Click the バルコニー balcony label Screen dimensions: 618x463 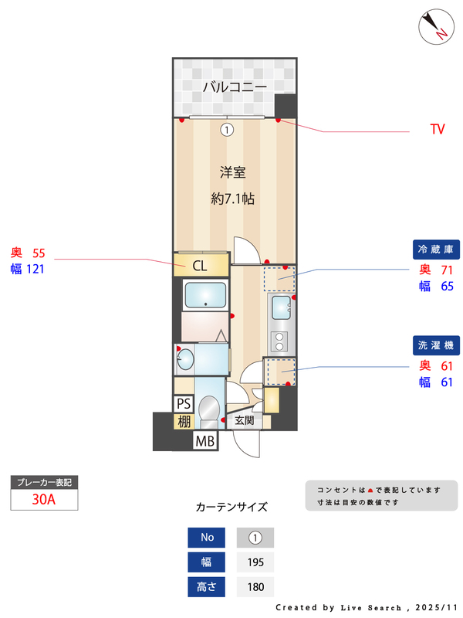(x=235, y=87)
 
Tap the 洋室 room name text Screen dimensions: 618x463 (x=232, y=171)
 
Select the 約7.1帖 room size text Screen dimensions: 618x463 (x=232, y=199)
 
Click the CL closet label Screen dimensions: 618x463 (x=199, y=267)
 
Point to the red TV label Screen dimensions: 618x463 (x=438, y=130)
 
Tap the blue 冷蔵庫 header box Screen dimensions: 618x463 (x=437, y=250)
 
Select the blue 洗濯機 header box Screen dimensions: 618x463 (x=437, y=344)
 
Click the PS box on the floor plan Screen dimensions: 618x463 (x=184, y=403)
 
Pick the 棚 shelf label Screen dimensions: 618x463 (x=184, y=422)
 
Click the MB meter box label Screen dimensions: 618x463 (x=204, y=442)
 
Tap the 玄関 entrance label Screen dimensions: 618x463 (x=244, y=421)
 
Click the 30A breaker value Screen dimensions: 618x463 (x=44, y=499)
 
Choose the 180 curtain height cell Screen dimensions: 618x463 (x=255, y=587)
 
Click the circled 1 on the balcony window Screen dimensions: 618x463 (x=226, y=130)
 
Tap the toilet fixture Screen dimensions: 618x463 (x=208, y=409)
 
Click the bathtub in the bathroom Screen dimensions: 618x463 (x=205, y=295)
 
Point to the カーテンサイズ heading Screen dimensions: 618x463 (x=231, y=508)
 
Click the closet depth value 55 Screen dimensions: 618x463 (x=39, y=253)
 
